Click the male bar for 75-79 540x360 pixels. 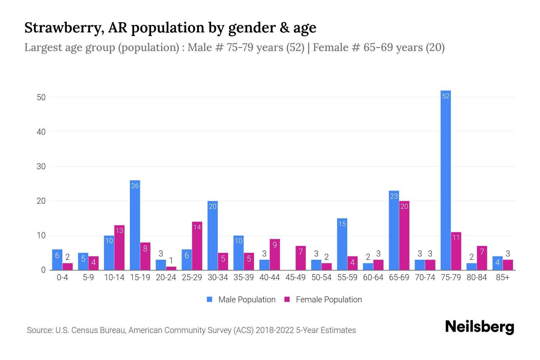click(x=445, y=180)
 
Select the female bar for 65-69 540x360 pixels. click(x=404, y=235)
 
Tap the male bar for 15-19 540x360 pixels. click(x=135, y=225)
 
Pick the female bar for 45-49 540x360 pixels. click(x=301, y=258)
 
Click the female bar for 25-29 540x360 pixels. click(x=197, y=246)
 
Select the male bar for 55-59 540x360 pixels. click(x=342, y=244)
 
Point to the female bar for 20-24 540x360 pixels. click(x=171, y=268)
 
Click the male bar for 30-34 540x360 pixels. click(x=213, y=235)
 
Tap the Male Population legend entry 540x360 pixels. click(x=241, y=299)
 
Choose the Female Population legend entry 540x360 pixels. click(x=323, y=299)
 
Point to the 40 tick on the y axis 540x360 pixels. click(x=41, y=132)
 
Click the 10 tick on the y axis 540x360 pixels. click(x=41, y=235)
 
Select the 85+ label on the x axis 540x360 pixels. click(x=502, y=277)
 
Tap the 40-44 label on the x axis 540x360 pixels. click(x=269, y=277)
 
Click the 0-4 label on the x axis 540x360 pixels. click(x=62, y=277)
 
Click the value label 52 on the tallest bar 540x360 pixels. click(x=446, y=96)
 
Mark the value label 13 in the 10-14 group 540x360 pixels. click(x=119, y=231)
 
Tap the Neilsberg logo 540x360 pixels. click(x=479, y=327)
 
